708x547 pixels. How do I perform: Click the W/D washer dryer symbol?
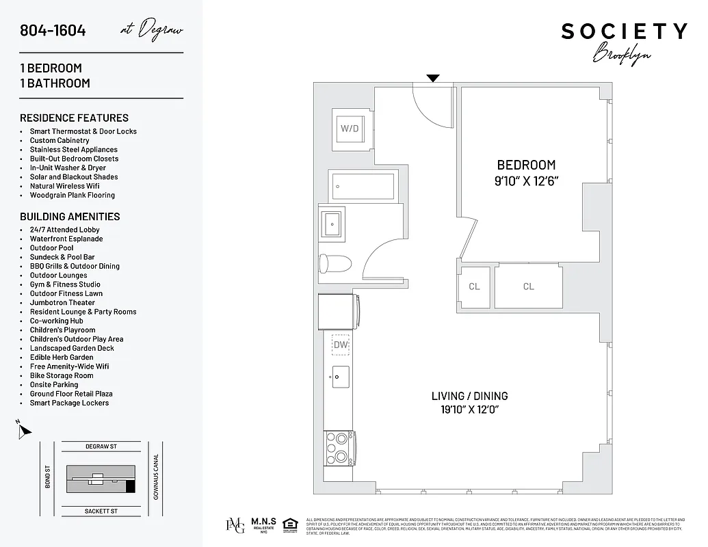[x=350, y=128]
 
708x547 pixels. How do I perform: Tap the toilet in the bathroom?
[x=335, y=263]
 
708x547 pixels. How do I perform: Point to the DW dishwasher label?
[x=340, y=345]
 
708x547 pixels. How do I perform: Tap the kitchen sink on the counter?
[x=340, y=377]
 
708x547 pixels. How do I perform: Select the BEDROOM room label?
[x=525, y=165]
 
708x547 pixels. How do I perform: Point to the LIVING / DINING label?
[x=469, y=396]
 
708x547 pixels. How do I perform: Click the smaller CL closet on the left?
[x=474, y=286]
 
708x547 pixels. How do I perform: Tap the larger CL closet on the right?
[x=528, y=286]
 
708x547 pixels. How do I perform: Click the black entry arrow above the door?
[x=433, y=78]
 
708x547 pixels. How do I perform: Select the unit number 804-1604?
[x=53, y=30]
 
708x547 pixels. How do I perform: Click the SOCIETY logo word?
[x=624, y=31]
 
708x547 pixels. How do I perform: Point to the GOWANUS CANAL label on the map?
[x=156, y=477]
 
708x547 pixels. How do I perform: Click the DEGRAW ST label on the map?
[x=101, y=446]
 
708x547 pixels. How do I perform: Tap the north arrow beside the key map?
[x=25, y=431]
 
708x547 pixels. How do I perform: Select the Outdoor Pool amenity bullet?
[x=51, y=248]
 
